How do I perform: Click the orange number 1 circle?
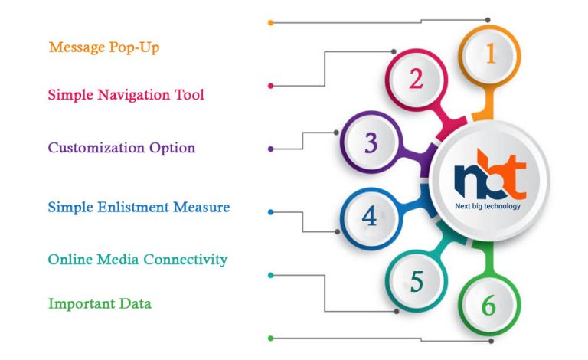pyautogui.click(x=490, y=55)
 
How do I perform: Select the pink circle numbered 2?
pyautogui.click(x=416, y=80)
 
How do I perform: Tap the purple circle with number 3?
pyautogui.click(x=371, y=142)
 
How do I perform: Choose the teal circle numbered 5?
pyautogui.click(x=416, y=281)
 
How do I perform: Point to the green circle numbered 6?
pyautogui.click(x=490, y=305)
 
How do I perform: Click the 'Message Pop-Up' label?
pyautogui.click(x=104, y=47)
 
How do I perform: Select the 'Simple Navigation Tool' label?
pyautogui.click(x=126, y=94)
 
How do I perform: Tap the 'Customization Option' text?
pyautogui.click(x=122, y=148)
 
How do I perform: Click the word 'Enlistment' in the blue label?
pyautogui.click(x=133, y=207)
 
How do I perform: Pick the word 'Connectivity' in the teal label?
pyautogui.click(x=185, y=260)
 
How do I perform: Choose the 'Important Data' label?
pyautogui.click(x=100, y=303)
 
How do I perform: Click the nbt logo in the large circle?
pyautogui.click(x=490, y=174)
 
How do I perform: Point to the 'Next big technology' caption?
pyautogui.click(x=488, y=206)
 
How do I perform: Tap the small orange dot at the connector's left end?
pyautogui.click(x=271, y=23)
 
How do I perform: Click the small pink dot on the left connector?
pyautogui.click(x=271, y=86)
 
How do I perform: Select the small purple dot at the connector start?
pyautogui.click(x=271, y=149)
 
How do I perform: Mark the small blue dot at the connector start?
pyautogui.click(x=271, y=212)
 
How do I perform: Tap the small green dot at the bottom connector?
pyautogui.click(x=271, y=339)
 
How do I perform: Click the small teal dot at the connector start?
pyautogui.click(x=271, y=275)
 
